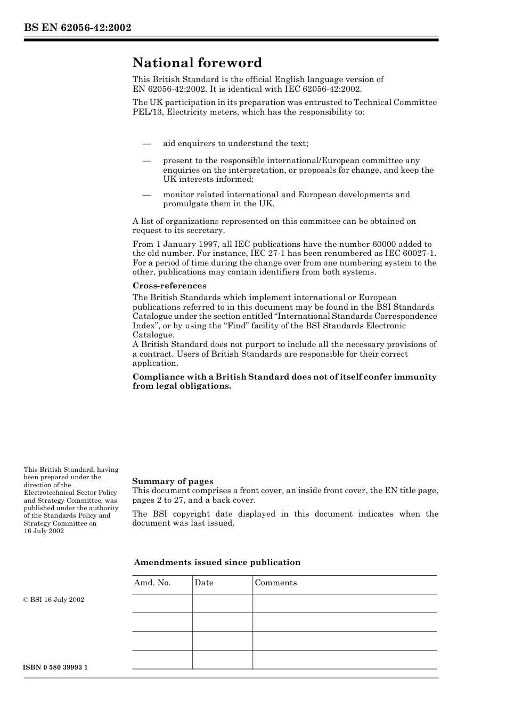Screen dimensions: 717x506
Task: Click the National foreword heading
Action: (x=197, y=63)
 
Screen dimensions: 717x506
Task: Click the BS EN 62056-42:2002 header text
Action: (x=77, y=28)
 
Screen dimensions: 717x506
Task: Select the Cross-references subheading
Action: (x=169, y=286)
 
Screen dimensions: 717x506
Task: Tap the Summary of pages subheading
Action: (x=173, y=481)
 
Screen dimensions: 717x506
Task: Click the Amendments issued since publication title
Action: (x=217, y=562)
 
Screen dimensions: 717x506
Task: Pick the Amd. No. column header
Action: (x=152, y=583)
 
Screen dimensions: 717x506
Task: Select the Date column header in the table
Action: (x=204, y=583)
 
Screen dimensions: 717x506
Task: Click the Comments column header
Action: (x=275, y=583)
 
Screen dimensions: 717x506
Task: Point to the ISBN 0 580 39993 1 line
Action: (x=55, y=668)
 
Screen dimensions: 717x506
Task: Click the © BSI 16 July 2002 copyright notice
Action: (x=54, y=600)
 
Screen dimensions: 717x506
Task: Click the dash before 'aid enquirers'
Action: (x=146, y=144)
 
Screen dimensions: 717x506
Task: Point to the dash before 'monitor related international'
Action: (x=146, y=195)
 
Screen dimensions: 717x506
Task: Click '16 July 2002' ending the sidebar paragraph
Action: (x=44, y=531)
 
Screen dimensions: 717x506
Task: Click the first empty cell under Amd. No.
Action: (x=162, y=603)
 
